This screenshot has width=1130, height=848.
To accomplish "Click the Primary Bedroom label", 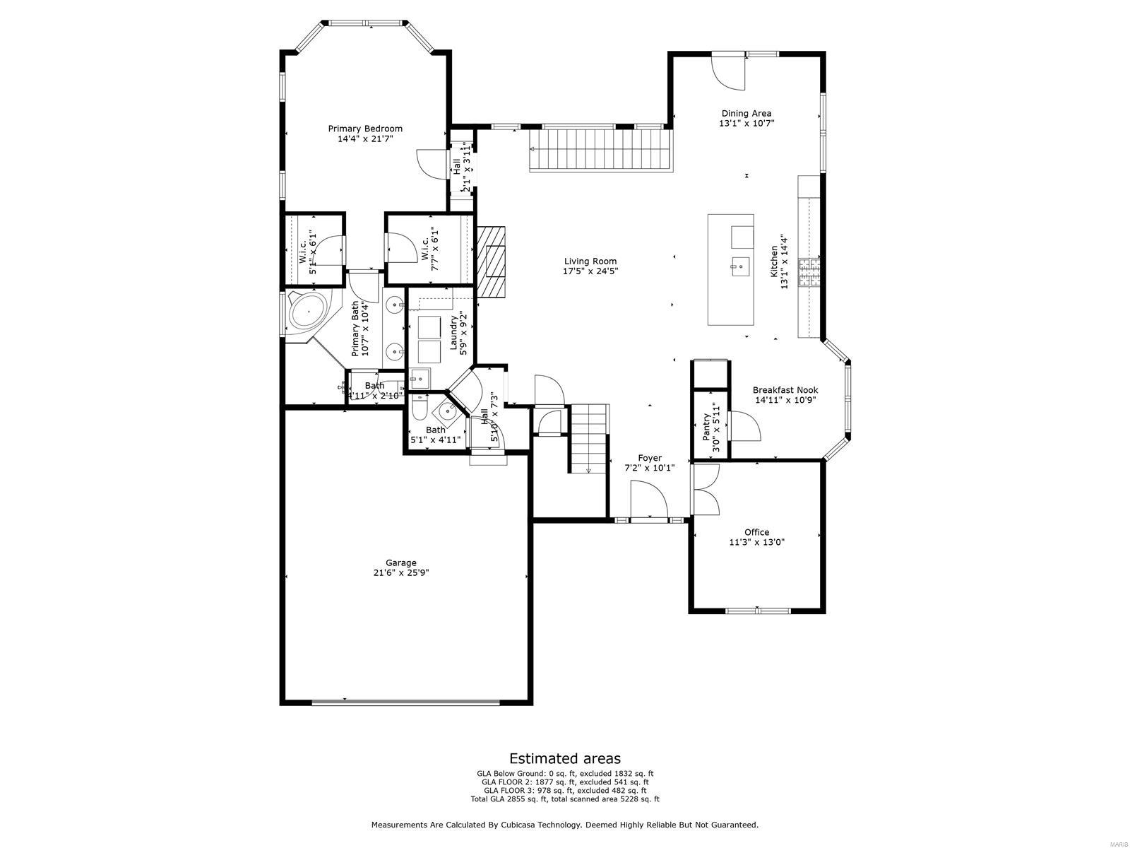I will pos(365,129).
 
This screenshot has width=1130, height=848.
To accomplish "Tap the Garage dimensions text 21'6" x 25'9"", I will pos(400,573).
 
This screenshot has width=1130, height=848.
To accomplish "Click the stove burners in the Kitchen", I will pos(809,272).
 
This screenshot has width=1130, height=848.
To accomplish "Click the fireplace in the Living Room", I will pos(492,261).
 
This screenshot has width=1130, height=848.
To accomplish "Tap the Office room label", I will pos(756,532).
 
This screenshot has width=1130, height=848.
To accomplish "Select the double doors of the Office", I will pos(705,489).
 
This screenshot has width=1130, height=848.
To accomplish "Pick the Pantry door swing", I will pos(744,426).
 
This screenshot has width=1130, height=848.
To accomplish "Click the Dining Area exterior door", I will pos(728,71).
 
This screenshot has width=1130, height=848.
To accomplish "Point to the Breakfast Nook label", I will pos(785,390).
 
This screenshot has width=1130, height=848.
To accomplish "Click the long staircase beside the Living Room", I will pos(599,149).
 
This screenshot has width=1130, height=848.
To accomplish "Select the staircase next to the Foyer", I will pos(590,438).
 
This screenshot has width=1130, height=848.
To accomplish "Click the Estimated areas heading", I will pos(565,758).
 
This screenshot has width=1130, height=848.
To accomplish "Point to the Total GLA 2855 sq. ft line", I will pos(565,799).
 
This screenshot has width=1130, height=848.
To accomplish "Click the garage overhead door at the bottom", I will pos(406,702).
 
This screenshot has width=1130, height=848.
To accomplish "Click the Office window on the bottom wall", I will pos(756,610).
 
